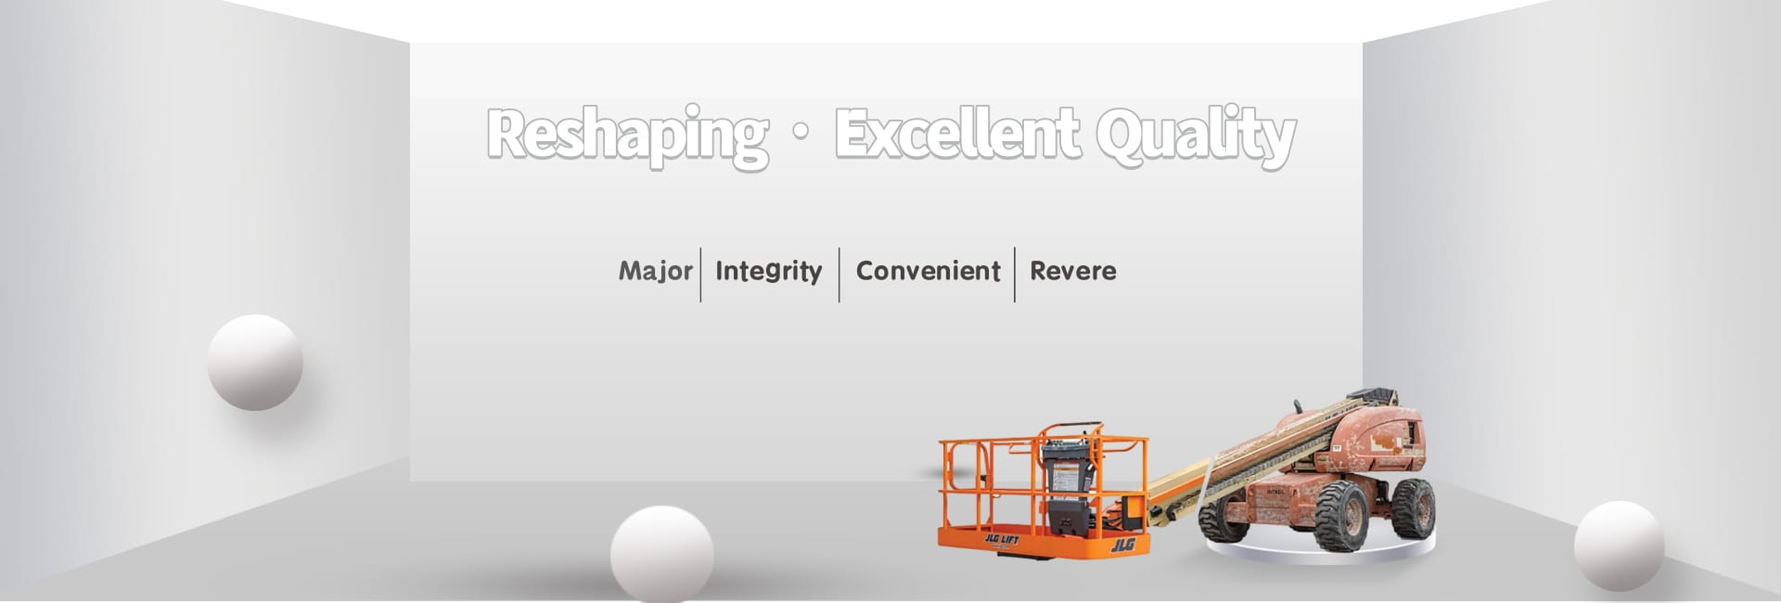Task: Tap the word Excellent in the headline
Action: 956,133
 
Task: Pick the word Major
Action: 656,271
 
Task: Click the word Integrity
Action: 769,271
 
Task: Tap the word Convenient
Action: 928,271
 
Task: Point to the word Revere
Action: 1073,271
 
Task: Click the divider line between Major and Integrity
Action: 700,275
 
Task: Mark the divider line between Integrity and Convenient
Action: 839,275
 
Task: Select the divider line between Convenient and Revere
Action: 1015,275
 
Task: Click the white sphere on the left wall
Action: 255,362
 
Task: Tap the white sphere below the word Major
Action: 662,554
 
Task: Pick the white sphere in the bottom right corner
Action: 1619,546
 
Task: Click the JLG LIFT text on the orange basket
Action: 1001,540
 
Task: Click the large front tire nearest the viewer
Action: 1340,517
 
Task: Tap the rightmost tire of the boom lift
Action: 1413,508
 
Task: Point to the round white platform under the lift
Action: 1319,549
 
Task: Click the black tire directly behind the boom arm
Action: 1224,520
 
